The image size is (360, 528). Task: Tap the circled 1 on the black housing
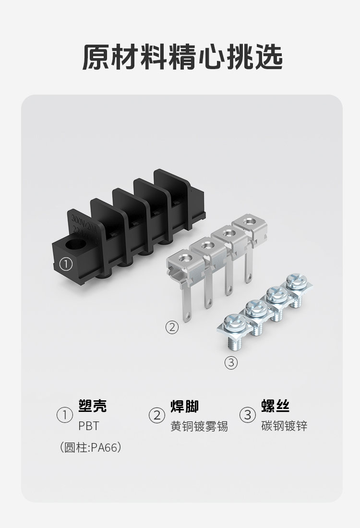(66, 264)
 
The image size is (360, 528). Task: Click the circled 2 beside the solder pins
(172, 327)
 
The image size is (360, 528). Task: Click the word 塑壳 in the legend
(92, 406)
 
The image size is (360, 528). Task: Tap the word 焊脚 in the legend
(184, 406)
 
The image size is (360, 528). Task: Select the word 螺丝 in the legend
(276, 406)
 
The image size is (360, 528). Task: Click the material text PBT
(88, 426)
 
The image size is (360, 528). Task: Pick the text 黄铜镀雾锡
(199, 426)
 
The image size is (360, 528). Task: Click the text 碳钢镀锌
(284, 426)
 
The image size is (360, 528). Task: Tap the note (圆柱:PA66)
(90, 448)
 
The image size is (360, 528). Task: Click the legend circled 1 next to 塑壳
(64, 415)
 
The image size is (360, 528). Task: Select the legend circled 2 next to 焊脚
(156, 415)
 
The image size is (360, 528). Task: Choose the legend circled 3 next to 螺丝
(248, 415)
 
